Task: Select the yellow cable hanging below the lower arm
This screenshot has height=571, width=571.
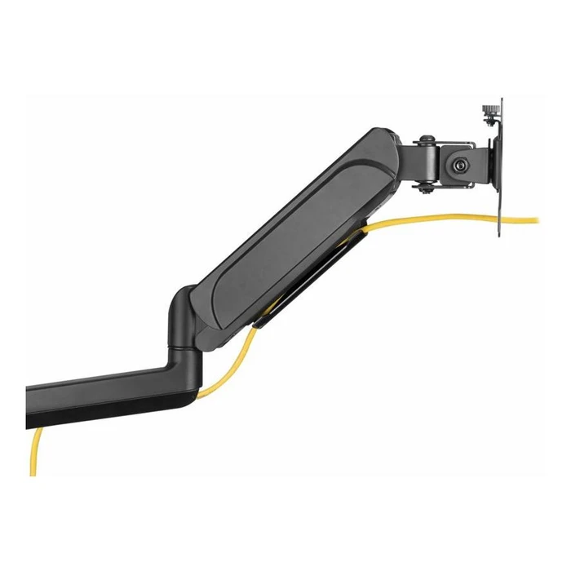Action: click(x=35, y=453)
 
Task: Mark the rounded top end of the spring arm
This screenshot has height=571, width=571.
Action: click(x=383, y=151)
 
